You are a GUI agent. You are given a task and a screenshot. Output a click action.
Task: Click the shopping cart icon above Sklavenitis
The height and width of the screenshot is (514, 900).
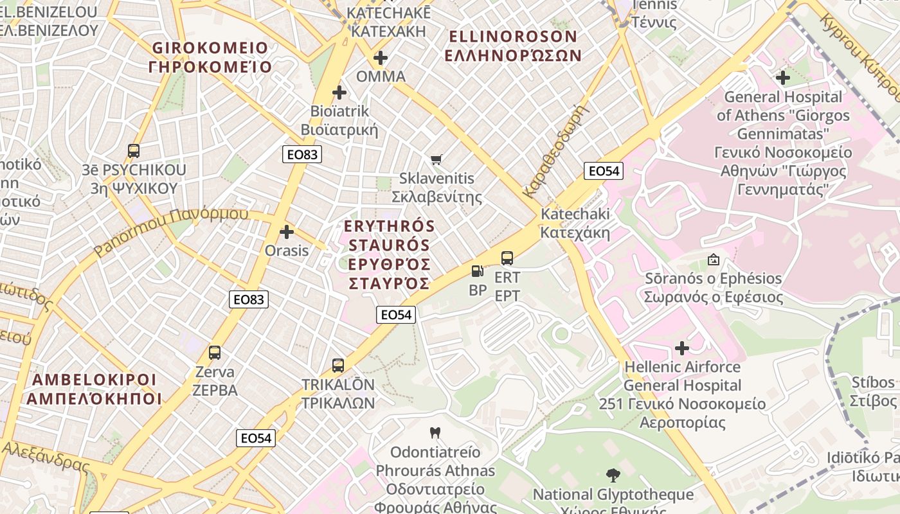point(437,159)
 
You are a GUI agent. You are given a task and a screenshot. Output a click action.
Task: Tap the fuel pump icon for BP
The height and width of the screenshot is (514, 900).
point(477,271)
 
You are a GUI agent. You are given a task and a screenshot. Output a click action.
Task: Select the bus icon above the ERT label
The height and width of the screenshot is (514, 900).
point(507,258)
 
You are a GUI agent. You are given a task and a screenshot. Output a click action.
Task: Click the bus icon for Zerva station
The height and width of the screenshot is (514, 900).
point(215,353)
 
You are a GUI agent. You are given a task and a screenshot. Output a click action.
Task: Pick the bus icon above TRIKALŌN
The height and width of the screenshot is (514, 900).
point(338,366)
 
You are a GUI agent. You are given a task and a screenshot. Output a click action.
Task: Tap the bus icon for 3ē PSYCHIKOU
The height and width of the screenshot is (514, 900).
point(134,151)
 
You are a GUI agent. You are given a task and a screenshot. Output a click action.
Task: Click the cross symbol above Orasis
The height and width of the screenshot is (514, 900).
point(287,232)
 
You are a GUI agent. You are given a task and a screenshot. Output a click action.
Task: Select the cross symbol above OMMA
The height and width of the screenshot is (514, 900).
point(381,58)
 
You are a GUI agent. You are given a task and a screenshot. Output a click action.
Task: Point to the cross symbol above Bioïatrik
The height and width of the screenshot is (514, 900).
point(339,93)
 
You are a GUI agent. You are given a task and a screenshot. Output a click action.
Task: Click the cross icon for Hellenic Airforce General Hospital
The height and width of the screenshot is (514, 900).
point(682,348)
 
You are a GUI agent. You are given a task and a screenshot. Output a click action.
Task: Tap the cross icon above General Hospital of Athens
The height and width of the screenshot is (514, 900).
point(782,78)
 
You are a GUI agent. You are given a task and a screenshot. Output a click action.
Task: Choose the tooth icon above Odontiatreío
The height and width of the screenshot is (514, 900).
point(435,433)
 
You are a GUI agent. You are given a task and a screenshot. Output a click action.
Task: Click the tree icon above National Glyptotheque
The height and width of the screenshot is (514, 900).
point(613,475)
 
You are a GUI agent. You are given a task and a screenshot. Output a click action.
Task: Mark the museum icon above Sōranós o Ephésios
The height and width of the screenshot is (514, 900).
point(713,260)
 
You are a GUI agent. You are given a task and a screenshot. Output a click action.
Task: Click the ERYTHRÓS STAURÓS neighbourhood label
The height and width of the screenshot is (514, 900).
point(389,254)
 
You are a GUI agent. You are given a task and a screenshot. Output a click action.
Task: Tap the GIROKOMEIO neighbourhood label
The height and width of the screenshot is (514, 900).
point(210,57)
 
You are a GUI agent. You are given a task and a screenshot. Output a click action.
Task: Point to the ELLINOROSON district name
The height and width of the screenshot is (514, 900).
point(513,45)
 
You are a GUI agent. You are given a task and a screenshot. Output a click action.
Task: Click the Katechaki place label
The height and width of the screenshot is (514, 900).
point(575,222)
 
